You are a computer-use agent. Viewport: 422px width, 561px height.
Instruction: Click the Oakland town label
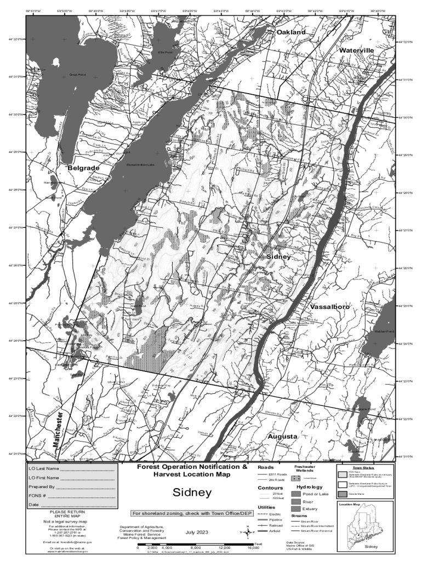pos(290,32)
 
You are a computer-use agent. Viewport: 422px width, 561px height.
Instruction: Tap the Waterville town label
pos(356,50)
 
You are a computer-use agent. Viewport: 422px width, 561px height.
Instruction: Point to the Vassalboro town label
pos(329,307)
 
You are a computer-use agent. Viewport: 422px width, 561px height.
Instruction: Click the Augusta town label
pos(282,436)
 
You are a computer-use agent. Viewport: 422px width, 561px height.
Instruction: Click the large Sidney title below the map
pos(192,493)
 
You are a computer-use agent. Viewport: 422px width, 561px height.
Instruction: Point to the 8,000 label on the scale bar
pos(195,547)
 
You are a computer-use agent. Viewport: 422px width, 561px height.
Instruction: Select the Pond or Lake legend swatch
pos(296,494)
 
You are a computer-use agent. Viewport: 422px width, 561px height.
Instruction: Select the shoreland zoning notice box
pos(192,513)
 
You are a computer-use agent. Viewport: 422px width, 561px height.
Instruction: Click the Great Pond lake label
pos(77,75)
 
